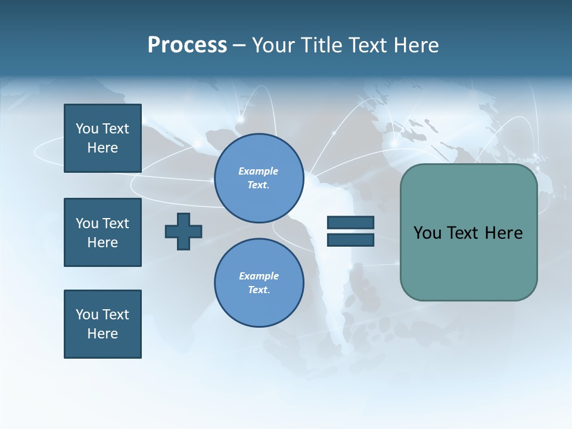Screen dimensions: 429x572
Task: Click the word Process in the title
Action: (187, 45)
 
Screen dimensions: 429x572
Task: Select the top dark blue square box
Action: (102, 138)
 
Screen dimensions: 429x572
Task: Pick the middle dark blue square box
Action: (102, 232)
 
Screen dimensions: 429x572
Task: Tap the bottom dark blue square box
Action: (102, 324)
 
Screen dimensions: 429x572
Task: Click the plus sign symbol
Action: (184, 231)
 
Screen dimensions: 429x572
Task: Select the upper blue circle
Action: (259, 178)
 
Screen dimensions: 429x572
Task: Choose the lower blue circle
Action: (259, 282)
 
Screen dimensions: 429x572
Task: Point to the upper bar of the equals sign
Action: (350, 222)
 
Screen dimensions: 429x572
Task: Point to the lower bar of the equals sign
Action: (350, 240)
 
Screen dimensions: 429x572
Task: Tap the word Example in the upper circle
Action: (259, 171)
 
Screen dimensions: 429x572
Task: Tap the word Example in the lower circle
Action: (259, 276)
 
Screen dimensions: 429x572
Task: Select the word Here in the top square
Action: (102, 148)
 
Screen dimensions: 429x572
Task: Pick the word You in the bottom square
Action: (87, 315)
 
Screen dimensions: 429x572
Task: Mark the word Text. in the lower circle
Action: (259, 290)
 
